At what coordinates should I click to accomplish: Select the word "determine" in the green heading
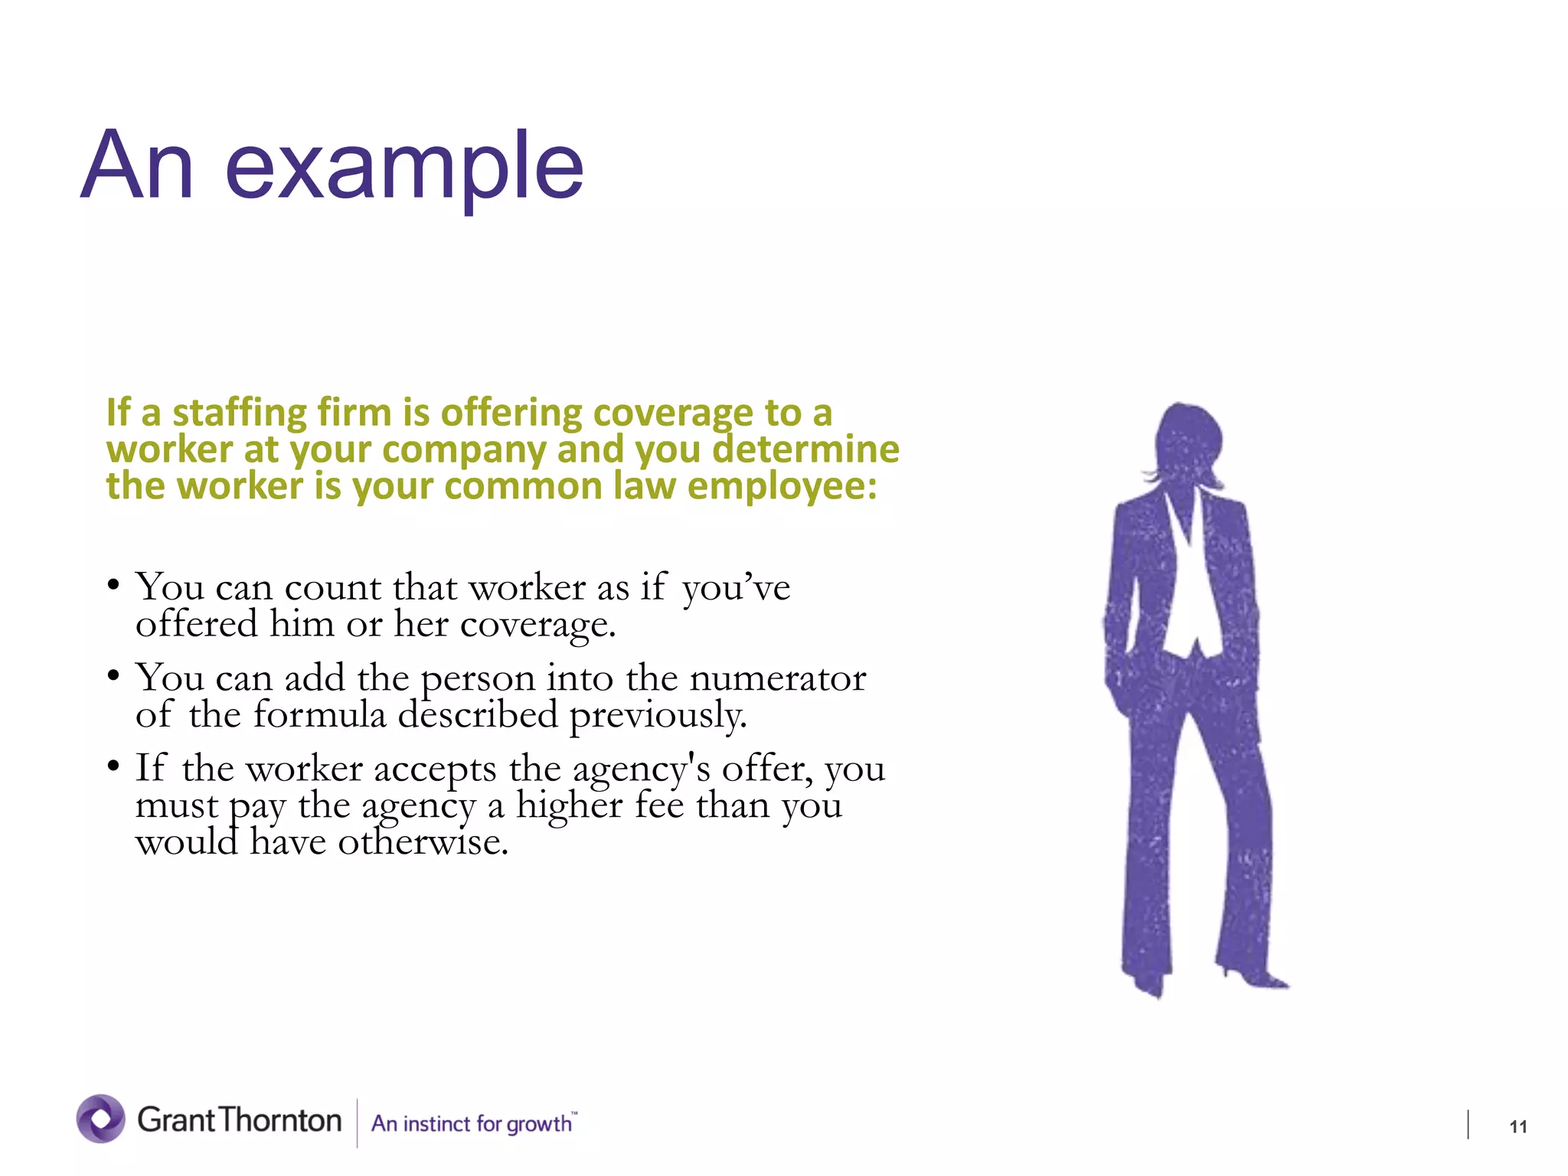coord(805,450)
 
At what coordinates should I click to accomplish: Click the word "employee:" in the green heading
coord(782,487)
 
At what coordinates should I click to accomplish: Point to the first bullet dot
coord(113,586)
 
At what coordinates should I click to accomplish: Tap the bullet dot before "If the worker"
coord(113,766)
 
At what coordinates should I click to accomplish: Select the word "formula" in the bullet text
coord(319,715)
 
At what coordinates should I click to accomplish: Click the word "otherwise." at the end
coord(423,842)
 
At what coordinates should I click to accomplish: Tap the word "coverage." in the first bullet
coord(537,625)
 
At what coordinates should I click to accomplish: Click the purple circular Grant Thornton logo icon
coord(100,1119)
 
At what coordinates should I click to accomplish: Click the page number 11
coord(1517,1126)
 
